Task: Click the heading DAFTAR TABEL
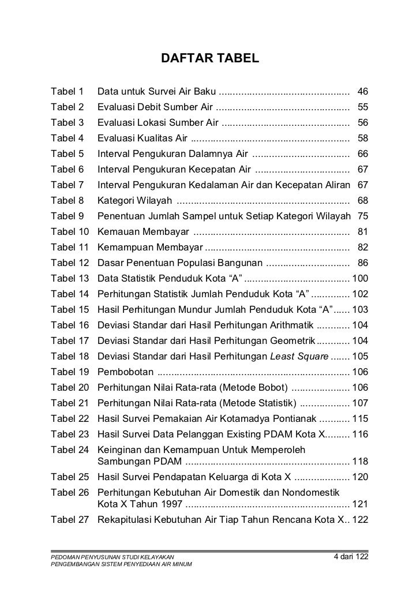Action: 210,59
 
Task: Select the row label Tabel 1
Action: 67,91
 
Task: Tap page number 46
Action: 363,91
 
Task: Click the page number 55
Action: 363,107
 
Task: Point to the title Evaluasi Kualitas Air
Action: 142,138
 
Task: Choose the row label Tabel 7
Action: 67,185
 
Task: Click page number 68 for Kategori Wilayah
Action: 363,200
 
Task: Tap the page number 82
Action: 363,247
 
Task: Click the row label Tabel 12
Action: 69,263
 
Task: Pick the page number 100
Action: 360,278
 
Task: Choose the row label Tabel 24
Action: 69,450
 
